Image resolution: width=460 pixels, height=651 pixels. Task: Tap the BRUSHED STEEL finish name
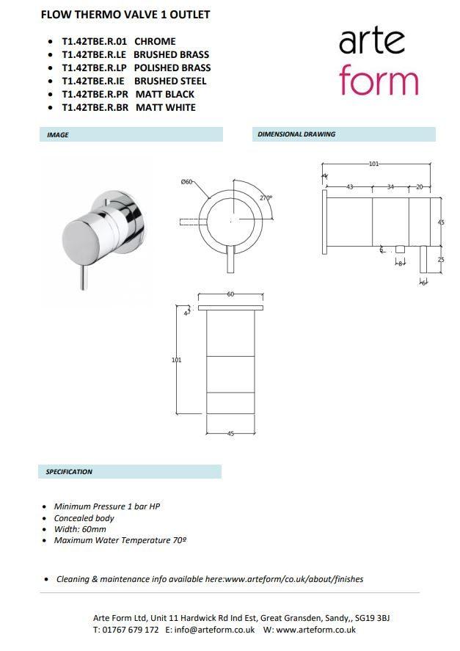(170, 81)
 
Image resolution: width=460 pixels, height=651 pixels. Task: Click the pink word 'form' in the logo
(379, 82)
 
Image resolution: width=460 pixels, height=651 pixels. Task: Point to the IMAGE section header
(58, 135)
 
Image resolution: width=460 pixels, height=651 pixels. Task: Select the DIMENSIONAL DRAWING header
(296, 134)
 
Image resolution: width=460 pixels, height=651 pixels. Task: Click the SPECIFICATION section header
(69, 472)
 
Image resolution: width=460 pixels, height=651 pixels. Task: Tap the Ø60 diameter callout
(186, 182)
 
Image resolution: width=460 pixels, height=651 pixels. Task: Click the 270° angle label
(266, 197)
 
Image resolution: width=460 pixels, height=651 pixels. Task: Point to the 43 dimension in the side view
(350, 187)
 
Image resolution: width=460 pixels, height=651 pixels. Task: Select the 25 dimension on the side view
(441, 259)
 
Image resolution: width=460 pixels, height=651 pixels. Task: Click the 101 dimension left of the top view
(176, 360)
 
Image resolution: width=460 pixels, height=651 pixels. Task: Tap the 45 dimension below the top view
(230, 434)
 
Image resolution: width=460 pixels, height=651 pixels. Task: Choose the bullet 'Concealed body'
(84, 518)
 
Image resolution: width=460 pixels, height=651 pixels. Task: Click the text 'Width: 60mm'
(80, 529)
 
